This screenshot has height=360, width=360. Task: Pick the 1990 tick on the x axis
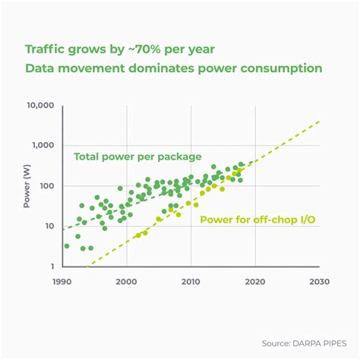(63, 281)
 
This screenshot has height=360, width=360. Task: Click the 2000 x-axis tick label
(127, 281)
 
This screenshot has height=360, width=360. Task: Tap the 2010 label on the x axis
(191, 281)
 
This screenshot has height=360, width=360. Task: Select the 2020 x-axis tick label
(255, 281)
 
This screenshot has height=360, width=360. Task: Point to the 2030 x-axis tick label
(319, 281)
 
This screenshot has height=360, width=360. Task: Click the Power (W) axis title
(28, 187)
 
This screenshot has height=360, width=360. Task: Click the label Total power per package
(137, 157)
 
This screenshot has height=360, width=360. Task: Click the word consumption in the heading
(279, 68)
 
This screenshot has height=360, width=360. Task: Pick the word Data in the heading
(39, 68)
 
